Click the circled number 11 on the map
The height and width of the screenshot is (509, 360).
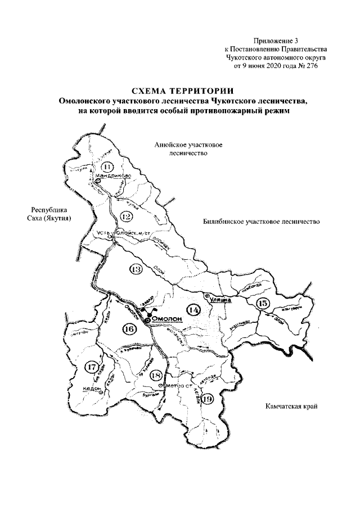(x=107, y=166)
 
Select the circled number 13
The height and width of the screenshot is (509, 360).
(x=136, y=270)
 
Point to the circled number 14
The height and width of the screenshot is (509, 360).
(x=193, y=309)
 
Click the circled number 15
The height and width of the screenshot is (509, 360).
(x=262, y=304)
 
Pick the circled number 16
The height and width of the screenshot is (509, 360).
(x=129, y=329)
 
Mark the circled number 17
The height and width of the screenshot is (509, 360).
(x=92, y=367)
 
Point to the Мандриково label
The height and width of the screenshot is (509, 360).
(x=114, y=175)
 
